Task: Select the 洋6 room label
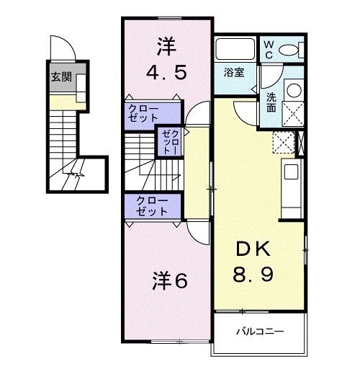tap(170, 281)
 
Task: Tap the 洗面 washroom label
tap(272, 101)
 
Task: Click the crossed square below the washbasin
tap(294, 115)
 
